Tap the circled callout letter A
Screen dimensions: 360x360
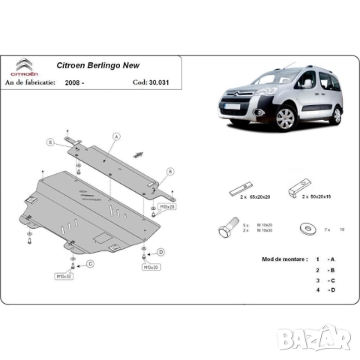pyautogui.click(x=117, y=136)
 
